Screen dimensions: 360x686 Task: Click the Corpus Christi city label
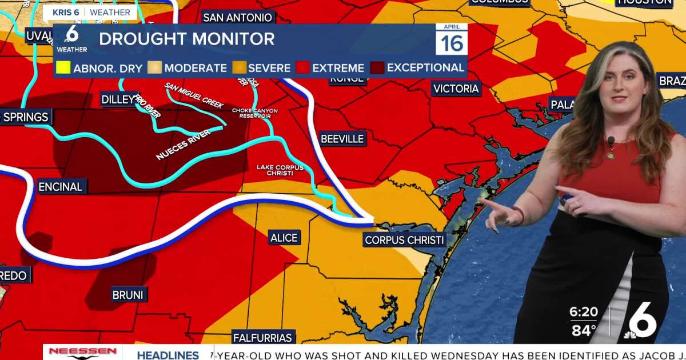point(405,240)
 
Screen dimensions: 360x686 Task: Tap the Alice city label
point(284,237)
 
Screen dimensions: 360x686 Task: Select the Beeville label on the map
point(342,139)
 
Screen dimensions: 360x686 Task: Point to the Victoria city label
point(456,89)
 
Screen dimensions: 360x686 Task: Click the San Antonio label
point(237,18)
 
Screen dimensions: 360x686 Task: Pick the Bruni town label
point(128,295)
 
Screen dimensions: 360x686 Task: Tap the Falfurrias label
point(263,338)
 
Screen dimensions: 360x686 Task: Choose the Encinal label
point(60,187)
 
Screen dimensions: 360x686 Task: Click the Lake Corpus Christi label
point(280,170)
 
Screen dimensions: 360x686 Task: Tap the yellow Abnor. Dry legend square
point(63,67)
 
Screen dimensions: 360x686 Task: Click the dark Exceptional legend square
point(377,67)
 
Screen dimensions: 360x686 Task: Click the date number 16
point(452,43)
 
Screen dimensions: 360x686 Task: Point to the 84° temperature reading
point(583,330)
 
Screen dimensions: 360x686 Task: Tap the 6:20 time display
point(583,313)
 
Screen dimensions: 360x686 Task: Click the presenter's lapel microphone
point(611,141)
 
